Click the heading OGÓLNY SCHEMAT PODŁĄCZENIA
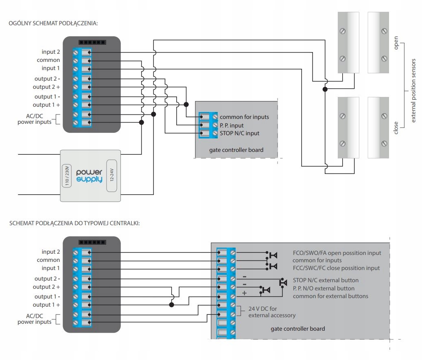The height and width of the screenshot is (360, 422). tap(53, 23)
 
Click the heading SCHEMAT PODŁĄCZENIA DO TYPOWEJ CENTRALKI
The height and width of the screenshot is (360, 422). tap(74, 224)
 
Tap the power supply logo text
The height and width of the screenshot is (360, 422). tap(90, 176)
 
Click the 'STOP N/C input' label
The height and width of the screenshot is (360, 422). tap(239, 133)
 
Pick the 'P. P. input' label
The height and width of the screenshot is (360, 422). tap(237, 125)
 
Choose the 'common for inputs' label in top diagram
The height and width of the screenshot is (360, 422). tap(244, 117)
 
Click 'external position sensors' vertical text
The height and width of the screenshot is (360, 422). tap(413, 90)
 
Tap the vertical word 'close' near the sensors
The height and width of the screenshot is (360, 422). tap(396, 127)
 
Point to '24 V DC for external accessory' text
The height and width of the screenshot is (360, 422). tap(272, 312)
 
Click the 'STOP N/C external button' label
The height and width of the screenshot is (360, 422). tap(326, 280)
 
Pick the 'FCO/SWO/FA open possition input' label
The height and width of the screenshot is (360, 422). tap(337, 253)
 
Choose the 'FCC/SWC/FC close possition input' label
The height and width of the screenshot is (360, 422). tap(336, 268)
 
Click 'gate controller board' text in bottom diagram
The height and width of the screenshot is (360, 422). tap(297, 328)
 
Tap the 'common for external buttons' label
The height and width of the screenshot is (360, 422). tap(330, 296)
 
